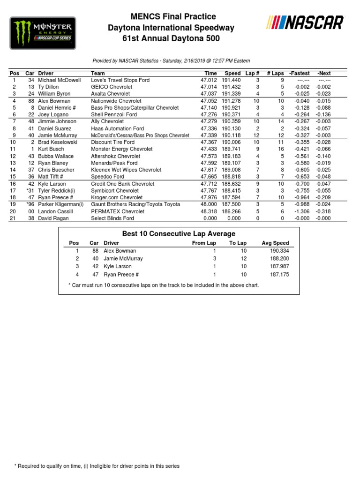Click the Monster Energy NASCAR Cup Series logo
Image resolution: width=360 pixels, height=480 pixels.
(43, 33)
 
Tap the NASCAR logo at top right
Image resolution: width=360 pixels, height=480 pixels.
(305, 23)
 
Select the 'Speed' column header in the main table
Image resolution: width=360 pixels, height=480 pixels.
(232, 73)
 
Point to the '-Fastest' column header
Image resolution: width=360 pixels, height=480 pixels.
(299, 73)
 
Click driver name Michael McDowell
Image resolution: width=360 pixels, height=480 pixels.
(60, 80)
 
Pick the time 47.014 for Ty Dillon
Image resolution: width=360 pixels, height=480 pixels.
(209, 87)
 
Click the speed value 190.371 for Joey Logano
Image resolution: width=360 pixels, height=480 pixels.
(232, 114)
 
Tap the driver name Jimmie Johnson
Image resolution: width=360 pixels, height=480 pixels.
(58, 121)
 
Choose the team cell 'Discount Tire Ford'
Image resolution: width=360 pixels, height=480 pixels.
(112, 142)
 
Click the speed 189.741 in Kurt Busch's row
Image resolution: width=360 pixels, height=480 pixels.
(232, 149)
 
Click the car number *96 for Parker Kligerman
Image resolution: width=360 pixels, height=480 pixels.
(30, 204)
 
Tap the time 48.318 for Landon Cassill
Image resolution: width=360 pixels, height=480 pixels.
(209, 211)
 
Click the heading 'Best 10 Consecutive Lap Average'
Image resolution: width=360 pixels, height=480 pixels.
(179, 233)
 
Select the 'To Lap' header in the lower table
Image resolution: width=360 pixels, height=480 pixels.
(238, 243)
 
